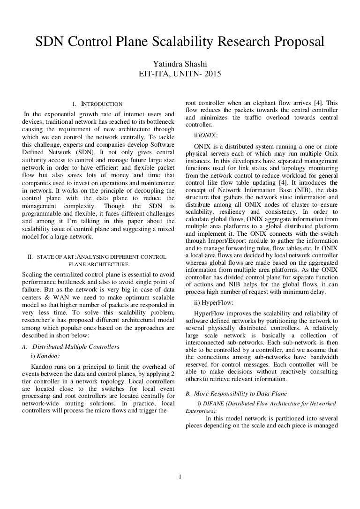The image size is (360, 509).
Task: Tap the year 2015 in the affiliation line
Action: coord(212,74)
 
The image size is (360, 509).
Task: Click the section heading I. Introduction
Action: coord(97,104)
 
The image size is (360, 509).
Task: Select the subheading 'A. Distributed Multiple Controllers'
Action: coord(70,346)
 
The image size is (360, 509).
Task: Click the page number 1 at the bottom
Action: coord(180,478)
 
